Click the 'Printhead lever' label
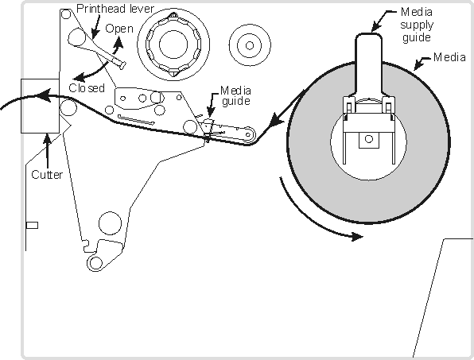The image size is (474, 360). (x=115, y=9)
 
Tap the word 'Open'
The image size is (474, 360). (x=119, y=29)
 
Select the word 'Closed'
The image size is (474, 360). (x=87, y=88)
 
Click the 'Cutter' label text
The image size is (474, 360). (x=47, y=175)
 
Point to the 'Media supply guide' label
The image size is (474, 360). (x=417, y=25)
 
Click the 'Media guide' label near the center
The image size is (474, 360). (x=235, y=95)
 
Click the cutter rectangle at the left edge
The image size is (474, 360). (x=40, y=106)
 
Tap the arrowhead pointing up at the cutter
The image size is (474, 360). (x=47, y=139)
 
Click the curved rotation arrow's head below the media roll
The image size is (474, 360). (x=357, y=237)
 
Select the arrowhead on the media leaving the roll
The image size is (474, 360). (x=277, y=121)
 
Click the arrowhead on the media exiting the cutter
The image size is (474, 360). (x=44, y=95)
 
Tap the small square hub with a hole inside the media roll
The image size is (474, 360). (x=369, y=140)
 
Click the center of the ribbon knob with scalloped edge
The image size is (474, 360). (x=173, y=45)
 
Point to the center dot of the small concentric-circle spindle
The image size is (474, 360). (x=250, y=45)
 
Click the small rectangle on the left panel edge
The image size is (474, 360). (x=32, y=226)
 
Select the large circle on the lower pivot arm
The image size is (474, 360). (x=110, y=223)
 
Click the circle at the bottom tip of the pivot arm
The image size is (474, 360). (x=95, y=263)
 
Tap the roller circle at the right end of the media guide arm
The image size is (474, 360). (x=248, y=134)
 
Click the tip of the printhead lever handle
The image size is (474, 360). (x=122, y=65)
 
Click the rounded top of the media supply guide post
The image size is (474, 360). (x=368, y=35)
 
